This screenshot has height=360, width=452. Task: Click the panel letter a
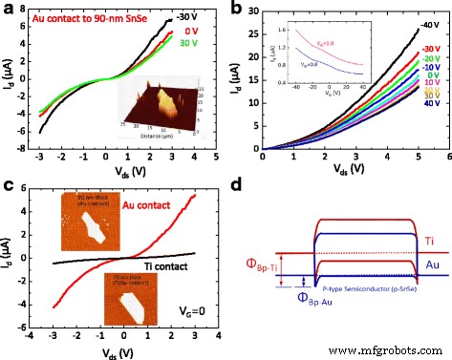click(x=9, y=8)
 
